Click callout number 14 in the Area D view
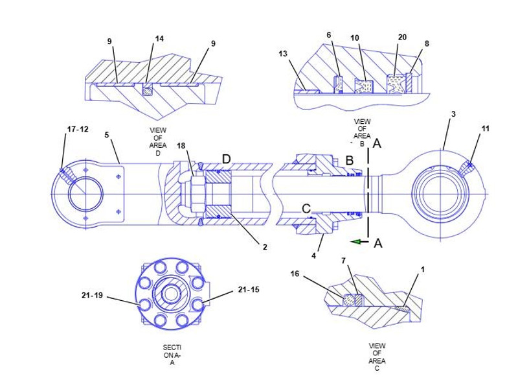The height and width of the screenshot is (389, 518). point(159,39)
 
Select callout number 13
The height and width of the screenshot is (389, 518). point(283,54)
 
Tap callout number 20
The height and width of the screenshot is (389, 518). point(402,37)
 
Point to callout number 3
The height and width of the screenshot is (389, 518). point(453,114)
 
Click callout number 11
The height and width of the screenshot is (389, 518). point(485,130)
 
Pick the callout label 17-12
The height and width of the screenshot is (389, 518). point(78,130)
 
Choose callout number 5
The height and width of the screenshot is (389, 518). point(107,135)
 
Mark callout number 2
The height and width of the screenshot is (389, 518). point(265,246)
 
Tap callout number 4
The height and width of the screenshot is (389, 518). point(313,255)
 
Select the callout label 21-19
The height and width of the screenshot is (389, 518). point(92,296)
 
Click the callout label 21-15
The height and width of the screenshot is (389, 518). point(249,289)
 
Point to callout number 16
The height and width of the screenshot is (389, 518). point(295,274)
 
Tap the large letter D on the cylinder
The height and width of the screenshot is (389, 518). point(226,159)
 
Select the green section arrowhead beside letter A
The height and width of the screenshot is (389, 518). point(355,242)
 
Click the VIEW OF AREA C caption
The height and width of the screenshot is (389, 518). point(377,357)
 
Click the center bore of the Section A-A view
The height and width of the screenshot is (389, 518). point(169,292)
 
